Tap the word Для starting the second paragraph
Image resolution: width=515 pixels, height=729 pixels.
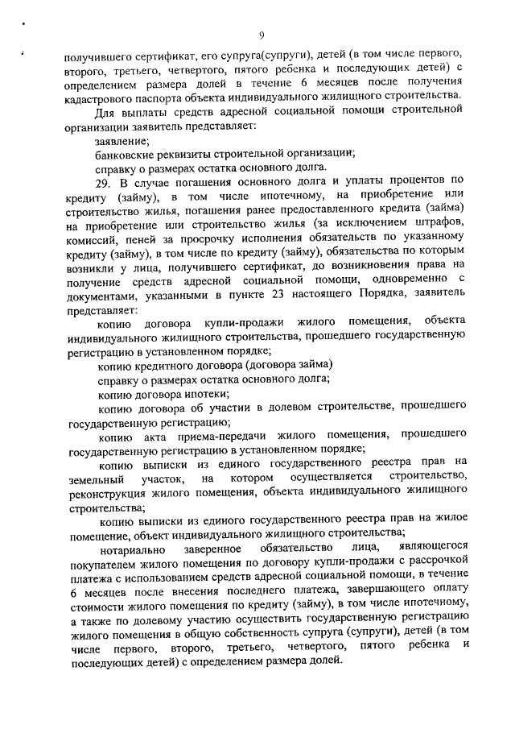pos(105,112)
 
